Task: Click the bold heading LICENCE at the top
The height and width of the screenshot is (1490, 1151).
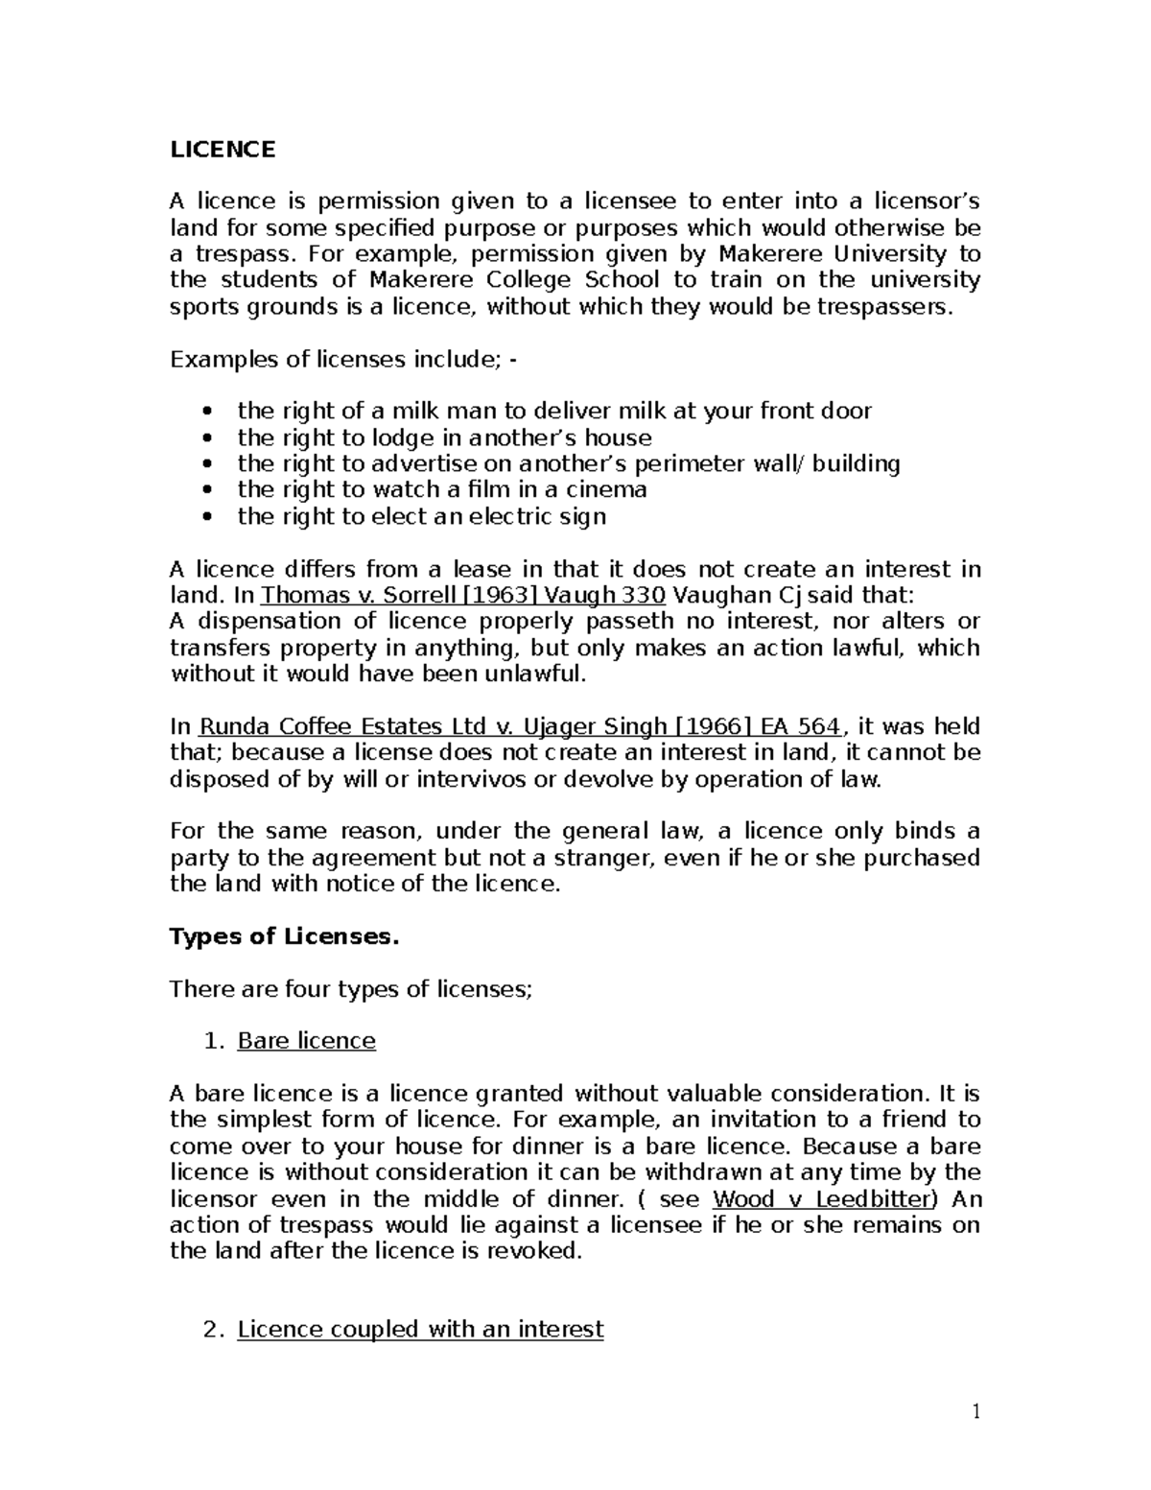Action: click(222, 150)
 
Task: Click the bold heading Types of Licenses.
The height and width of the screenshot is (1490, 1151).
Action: click(283, 936)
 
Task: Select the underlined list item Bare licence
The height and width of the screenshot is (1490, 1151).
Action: click(306, 1041)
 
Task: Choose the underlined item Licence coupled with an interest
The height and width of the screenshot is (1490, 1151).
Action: click(420, 1329)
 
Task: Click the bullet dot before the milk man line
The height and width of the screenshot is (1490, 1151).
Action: click(209, 413)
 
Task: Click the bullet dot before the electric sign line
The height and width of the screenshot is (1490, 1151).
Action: click(209, 517)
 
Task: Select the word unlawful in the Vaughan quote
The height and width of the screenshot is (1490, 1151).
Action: click(538, 674)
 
